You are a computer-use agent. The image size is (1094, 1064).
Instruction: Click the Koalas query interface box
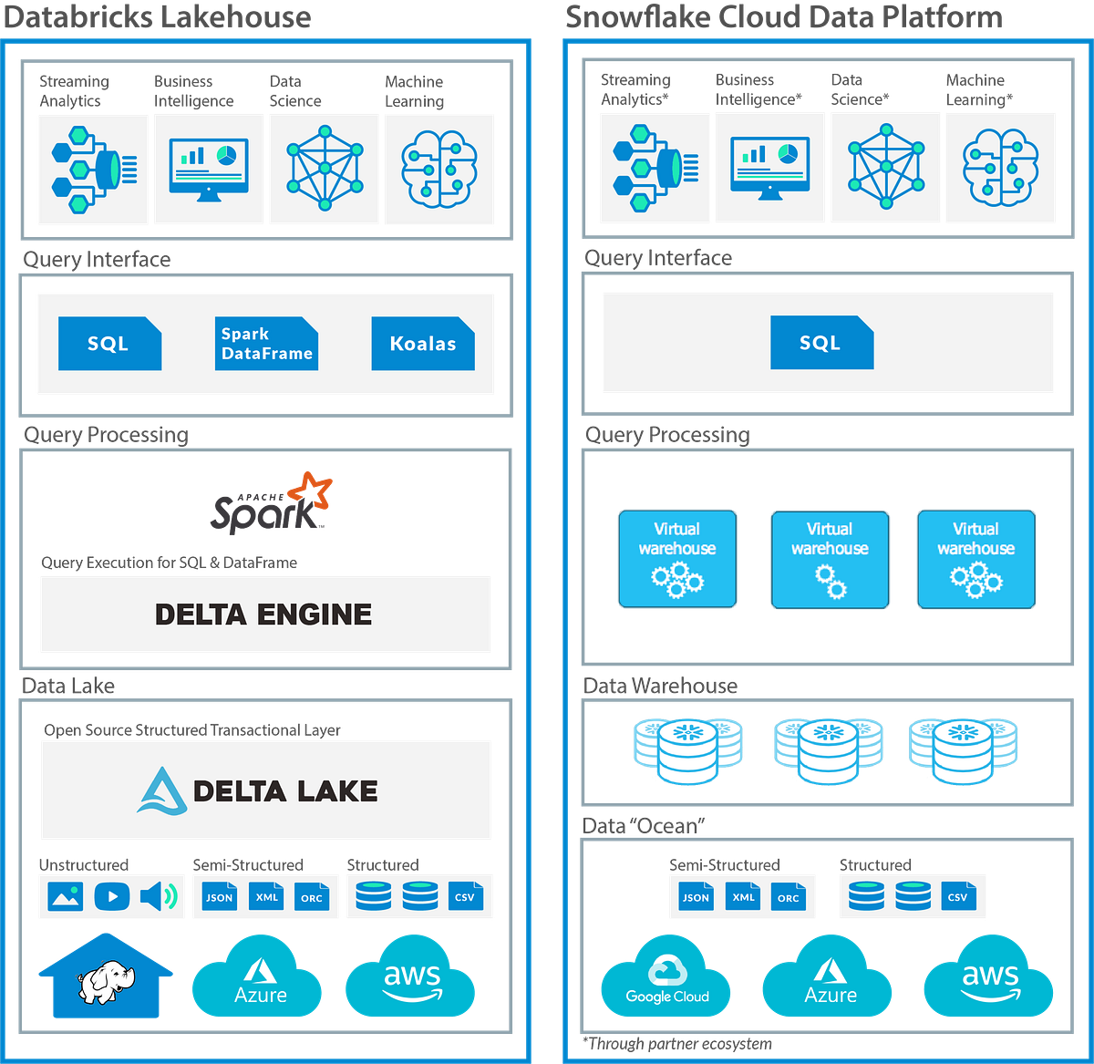coord(423,344)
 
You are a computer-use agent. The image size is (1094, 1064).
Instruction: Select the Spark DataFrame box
coord(266,344)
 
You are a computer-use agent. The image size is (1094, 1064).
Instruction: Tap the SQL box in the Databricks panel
coord(109,344)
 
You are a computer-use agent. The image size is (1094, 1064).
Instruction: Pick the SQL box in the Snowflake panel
coord(821,343)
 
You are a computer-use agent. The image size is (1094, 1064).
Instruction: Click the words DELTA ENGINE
coord(263,615)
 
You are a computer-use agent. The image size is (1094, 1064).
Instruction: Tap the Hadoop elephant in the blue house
coord(102,985)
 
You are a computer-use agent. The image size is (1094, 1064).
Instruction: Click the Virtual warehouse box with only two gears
coord(830,559)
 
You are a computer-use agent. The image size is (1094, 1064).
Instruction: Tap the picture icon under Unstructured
coord(66,896)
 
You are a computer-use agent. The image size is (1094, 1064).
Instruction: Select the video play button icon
coord(112,896)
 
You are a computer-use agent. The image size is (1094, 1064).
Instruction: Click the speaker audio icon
coord(158,896)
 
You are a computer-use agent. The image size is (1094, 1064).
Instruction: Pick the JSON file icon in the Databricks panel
coord(220,896)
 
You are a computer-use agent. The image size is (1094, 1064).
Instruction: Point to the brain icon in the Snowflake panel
coord(1000,167)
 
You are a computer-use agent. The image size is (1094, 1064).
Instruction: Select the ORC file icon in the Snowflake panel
coord(789,896)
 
